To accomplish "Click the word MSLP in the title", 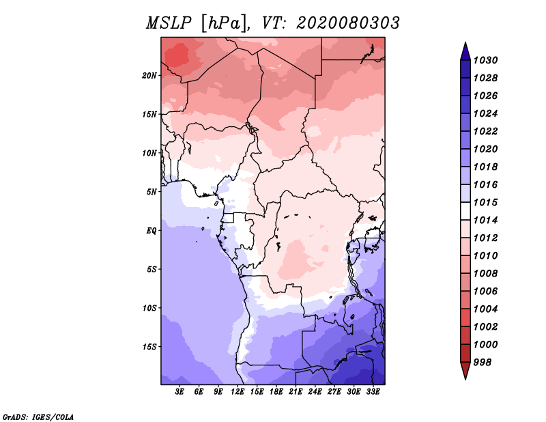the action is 169,23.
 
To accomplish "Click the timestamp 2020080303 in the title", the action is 348,23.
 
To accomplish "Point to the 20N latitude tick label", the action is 149,76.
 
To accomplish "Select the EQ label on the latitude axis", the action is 152,231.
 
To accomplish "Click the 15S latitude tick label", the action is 149,347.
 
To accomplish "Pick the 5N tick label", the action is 152,192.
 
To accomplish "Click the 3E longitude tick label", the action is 179,392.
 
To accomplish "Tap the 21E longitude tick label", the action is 296,392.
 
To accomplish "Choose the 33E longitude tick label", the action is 373,392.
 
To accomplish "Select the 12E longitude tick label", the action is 238,392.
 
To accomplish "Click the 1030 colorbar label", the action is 486,60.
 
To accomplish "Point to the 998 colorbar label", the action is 483,363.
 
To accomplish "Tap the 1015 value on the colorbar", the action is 486,202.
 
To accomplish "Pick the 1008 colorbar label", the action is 486,274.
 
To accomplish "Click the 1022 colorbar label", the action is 486,131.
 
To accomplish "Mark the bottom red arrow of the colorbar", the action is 465,370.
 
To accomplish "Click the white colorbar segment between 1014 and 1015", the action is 465,211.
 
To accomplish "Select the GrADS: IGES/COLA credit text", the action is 38,417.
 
